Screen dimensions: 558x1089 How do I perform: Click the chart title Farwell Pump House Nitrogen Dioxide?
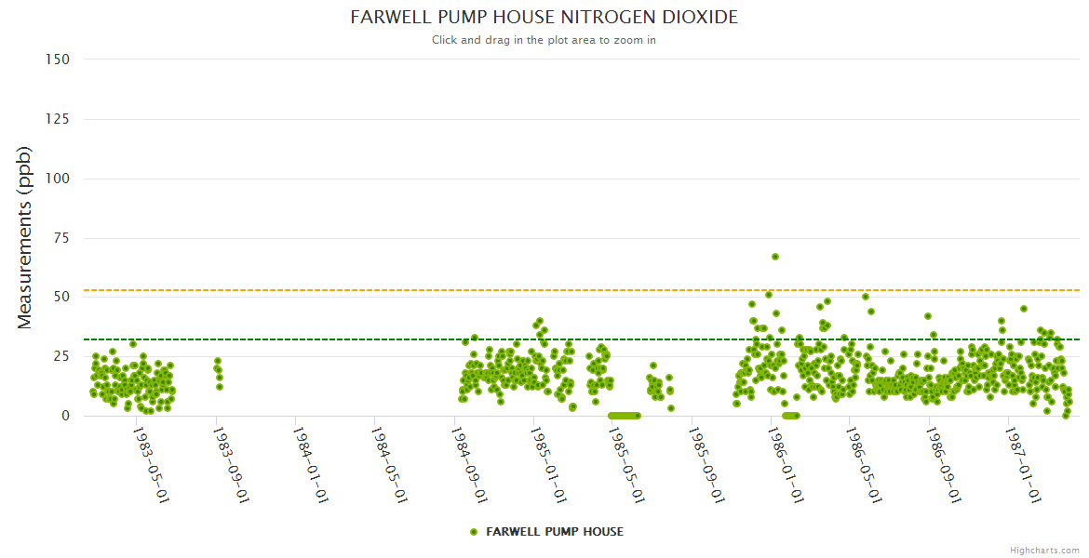[544, 18]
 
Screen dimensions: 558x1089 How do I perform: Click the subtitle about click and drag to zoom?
[544, 40]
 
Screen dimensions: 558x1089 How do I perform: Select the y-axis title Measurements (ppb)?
[25, 237]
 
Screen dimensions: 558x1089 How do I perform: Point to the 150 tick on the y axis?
[58, 60]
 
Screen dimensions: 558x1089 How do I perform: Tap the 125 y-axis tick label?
[58, 119]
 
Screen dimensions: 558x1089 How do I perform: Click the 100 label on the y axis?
[58, 179]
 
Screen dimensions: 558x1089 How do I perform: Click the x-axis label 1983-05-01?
[150, 466]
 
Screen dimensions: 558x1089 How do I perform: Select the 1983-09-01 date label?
[229, 466]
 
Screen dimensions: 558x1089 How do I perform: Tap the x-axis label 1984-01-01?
[308, 466]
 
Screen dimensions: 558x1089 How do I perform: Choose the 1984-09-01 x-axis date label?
[467, 466]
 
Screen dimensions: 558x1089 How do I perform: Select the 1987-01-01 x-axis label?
[1024, 466]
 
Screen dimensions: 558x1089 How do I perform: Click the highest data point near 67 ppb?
[774, 257]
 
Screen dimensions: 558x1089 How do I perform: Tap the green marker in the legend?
[474, 532]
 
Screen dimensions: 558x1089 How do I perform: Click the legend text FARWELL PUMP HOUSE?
[555, 532]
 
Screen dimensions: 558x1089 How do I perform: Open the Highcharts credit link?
[1044, 551]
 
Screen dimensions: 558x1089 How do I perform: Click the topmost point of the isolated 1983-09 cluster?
[217, 361]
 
